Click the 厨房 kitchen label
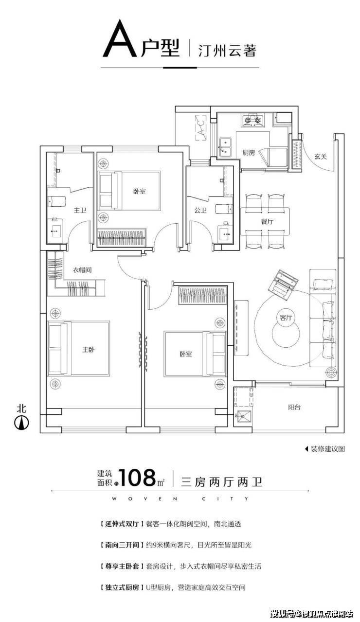[x=249, y=152]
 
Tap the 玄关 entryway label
[x=320, y=157]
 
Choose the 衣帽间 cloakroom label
[x=83, y=270]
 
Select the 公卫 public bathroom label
[x=200, y=211]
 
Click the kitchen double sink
[x=225, y=147]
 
